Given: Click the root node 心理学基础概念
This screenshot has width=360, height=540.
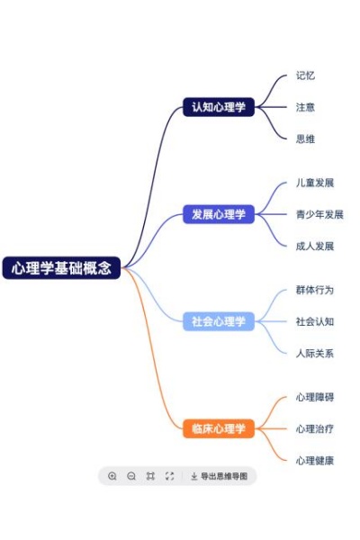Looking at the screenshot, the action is pyautogui.click(x=62, y=268).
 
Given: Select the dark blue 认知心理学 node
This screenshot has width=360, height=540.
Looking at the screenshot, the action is pyautogui.click(x=219, y=107).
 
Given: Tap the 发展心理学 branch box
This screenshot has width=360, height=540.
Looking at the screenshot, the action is pyautogui.click(x=219, y=214).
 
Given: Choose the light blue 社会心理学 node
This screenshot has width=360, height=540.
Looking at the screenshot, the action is pyautogui.click(x=219, y=321).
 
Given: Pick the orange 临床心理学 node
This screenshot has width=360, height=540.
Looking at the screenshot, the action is pyautogui.click(x=219, y=428).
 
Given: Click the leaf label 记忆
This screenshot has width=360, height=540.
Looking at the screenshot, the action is pyautogui.click(x=305, y=76).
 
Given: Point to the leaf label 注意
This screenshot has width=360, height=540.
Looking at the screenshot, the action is pyautogui.click(x=305, y=107).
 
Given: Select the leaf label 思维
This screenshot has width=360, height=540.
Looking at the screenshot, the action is pyautogui.click(x=305, y=139).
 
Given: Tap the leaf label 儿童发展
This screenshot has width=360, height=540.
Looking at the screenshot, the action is pyautogui.click(x=315, y=183).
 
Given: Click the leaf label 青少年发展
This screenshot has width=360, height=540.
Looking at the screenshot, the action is pyautogui.click(x=319, y=214).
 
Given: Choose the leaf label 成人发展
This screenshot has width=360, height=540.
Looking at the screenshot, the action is pyautogui.click(x=315, y=246).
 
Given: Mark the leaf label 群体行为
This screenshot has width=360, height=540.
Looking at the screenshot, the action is pyautogui.click(x=315, y=290).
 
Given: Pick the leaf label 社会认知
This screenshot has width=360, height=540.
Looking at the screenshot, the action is pyautogui.click(x=315, y=321).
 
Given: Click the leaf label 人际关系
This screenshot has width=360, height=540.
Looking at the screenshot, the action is pyautogui.click(x=315, y=353).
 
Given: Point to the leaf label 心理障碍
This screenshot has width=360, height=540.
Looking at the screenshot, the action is pyautogui.click(x=315, y=397).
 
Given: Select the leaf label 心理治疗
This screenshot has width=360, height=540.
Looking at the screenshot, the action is pyautogui.click(x=315, y=428).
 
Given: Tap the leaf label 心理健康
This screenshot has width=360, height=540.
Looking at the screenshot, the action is pyautogui.click(x=315, y=461).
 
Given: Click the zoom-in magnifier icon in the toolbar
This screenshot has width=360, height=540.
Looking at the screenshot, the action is pyautogui.click(x=112, y=476).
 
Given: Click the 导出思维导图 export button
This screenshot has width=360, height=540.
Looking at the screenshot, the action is pyautogui.click(x=219, y=476).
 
